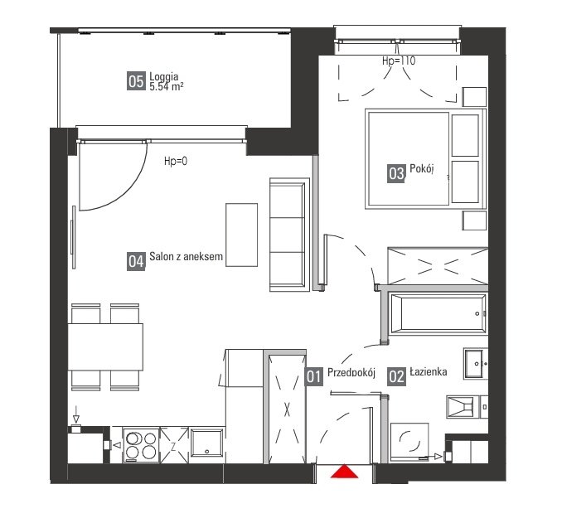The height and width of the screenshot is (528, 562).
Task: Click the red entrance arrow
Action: [344, 472]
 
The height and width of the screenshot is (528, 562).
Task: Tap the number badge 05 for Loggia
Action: [136, 81]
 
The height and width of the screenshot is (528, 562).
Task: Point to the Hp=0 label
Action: [176, 161]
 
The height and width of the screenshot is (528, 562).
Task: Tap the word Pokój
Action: [423, 172]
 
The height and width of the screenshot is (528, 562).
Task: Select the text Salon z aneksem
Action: [187, 258]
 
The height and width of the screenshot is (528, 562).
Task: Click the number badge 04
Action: [136, 261]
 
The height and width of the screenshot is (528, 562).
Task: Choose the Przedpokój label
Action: [351, 373]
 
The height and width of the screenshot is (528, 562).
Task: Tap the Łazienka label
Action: [429, 373]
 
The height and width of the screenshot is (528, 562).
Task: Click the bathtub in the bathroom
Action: [437, 315]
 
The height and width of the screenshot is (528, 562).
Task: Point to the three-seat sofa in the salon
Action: [288, 235]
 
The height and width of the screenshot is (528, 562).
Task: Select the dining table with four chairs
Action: [105, 346]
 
